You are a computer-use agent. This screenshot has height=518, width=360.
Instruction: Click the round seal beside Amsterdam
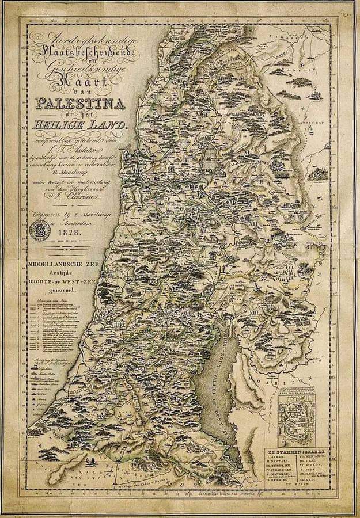tap(41, 229)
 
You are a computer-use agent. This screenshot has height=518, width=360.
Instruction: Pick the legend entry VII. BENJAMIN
tap(316, 454)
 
